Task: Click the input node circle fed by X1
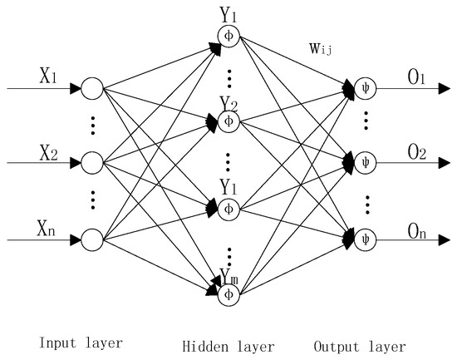[x=92, y=86]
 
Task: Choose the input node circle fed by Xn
[x=92, y=240]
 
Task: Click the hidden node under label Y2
[x=229, y=121]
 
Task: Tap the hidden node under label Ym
[x=229, y=293]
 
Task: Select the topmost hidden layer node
[x=229, y=35]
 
